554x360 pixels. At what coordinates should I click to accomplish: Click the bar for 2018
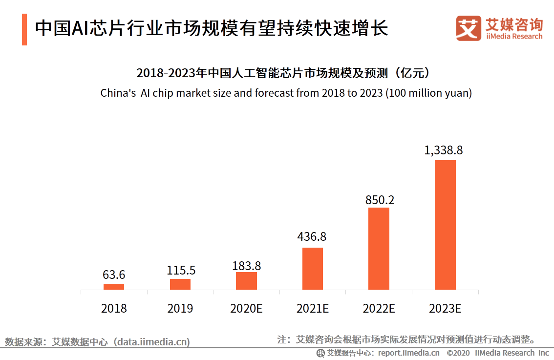[x=114, y=287]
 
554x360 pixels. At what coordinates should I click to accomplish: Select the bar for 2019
[x=180, y=284]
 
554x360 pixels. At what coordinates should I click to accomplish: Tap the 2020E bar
[x=246, y=281]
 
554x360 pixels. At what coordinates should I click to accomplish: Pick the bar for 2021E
[x=313, y=269]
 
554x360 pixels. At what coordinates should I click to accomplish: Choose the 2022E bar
[x=379, y=249]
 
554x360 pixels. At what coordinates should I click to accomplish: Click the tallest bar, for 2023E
[x=445, y=225]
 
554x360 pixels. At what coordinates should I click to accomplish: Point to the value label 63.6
[x=114, y=275]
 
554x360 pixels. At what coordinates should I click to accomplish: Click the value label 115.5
[x=180, y=270]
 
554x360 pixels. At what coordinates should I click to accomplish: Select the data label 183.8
[x=246, y=266]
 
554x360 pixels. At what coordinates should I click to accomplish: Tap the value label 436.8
[x=312, y=237]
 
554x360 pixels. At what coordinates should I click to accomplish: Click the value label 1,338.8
[x=444, y=150]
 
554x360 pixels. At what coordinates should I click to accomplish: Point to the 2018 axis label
[x=114, y=309]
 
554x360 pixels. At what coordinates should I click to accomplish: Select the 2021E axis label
[x=313, y=309]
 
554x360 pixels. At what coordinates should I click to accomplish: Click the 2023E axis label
[x=445, y=309]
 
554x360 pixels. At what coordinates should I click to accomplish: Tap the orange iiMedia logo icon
[x=469, y=28]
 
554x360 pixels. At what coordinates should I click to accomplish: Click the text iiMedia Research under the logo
[x=514, y=36]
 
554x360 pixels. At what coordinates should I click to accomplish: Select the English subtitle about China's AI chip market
[x=286, y=93]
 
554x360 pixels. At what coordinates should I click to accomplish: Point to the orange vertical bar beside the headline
[x=24, y=30]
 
